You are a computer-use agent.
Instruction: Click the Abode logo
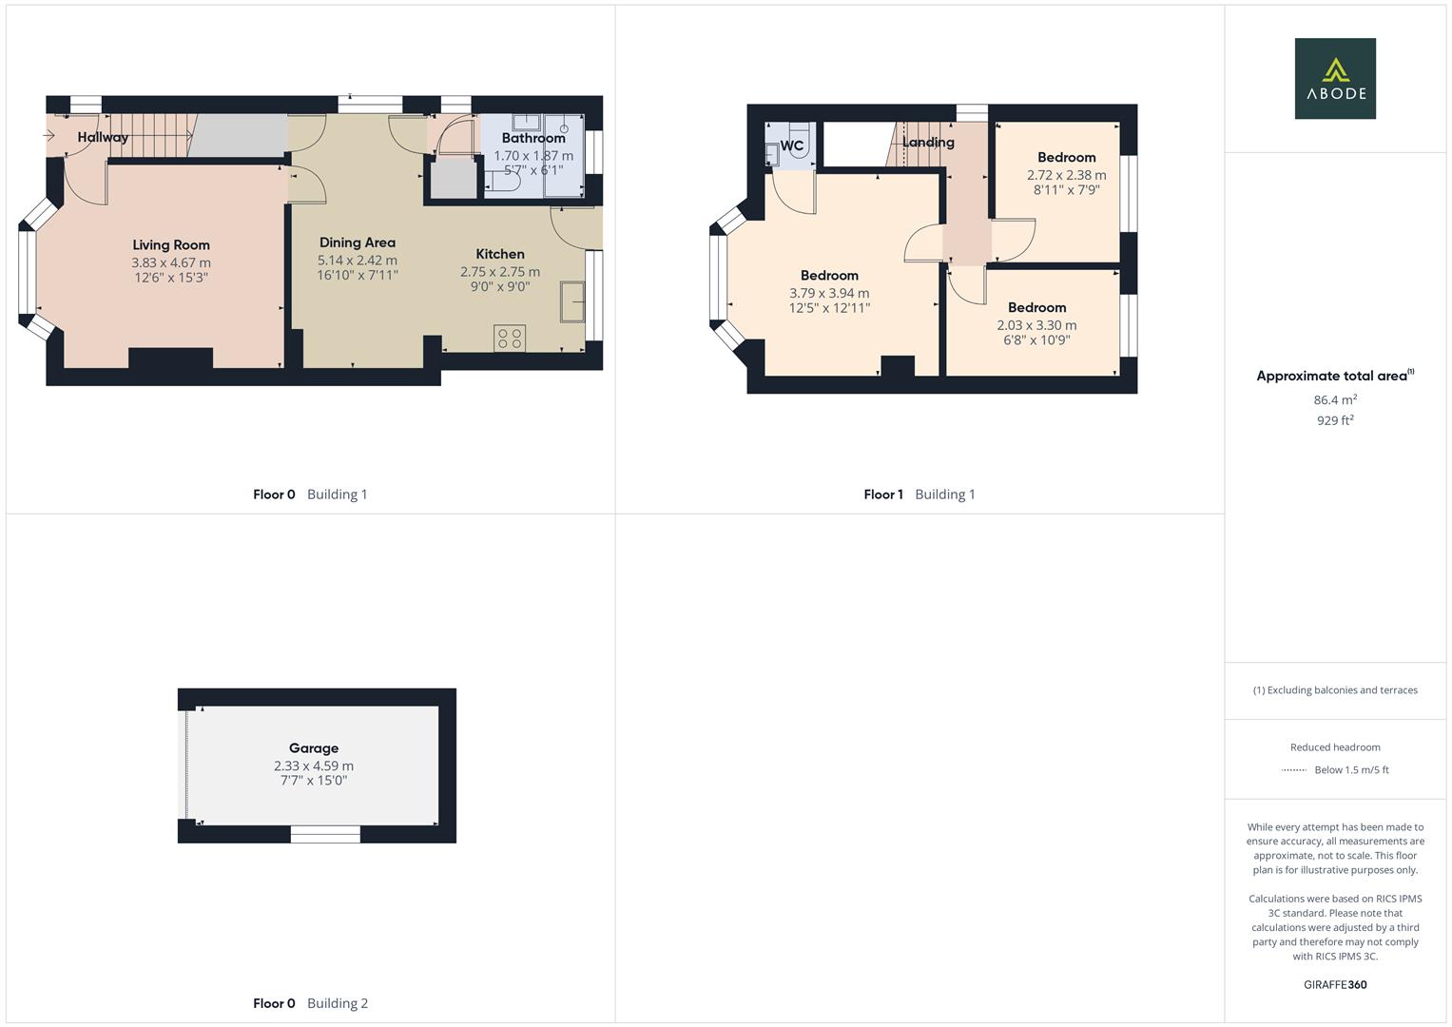1334,78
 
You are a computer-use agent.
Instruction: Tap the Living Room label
171,245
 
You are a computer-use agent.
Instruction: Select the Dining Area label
357,242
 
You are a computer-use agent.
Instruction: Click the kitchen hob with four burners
510,339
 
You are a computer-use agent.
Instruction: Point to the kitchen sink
572,301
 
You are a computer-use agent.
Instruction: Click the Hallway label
103,137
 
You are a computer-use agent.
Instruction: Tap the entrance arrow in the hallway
49,136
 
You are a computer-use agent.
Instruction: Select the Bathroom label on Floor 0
533,138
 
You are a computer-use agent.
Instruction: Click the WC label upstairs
791,145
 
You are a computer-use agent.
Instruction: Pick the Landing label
928,143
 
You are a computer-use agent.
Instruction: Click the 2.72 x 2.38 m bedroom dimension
1066,175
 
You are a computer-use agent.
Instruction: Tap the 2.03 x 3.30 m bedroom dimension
1036,325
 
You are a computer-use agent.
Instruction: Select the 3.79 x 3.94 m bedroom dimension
829,293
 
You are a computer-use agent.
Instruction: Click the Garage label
314,748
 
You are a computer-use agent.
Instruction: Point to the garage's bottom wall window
325,834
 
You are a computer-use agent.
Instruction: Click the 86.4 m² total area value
1334,400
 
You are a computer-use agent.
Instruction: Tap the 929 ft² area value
1334,420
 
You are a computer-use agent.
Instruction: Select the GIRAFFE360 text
1334,985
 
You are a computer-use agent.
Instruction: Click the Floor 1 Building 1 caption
919,494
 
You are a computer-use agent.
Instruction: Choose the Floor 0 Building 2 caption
310,1003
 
